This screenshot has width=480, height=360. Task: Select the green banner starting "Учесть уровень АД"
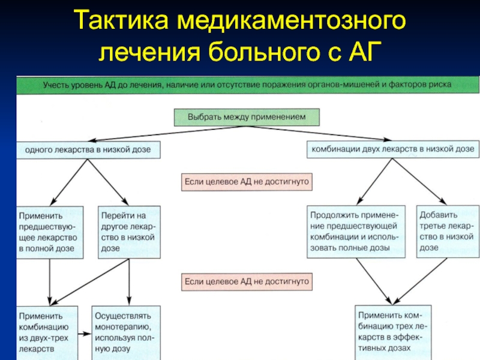tap(247, 85)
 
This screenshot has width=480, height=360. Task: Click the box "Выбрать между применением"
tap(247, 117)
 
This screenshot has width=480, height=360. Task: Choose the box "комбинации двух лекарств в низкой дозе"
tap(393, 148)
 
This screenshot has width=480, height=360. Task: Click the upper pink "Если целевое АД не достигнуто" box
tap(247, 181)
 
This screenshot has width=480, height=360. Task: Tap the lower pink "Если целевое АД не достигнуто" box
tap(247, 280)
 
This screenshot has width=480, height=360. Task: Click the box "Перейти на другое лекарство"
tap(129, 231)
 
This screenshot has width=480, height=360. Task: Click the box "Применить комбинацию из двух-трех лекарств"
tap(47, 332)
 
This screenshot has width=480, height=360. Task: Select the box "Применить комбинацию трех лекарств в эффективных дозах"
tap(393, 332)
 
